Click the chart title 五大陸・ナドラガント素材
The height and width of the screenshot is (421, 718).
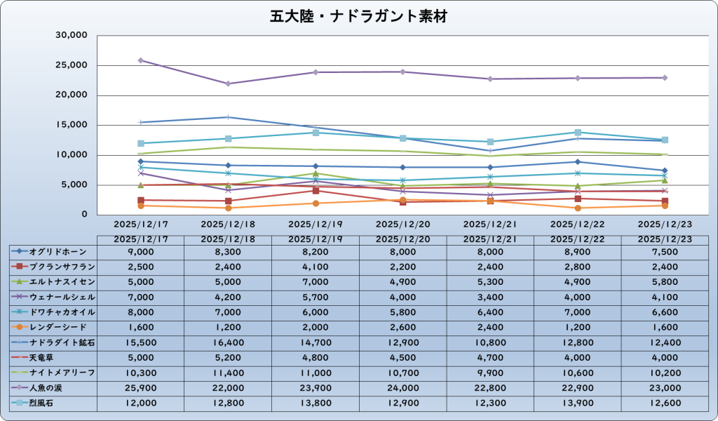point(358,16)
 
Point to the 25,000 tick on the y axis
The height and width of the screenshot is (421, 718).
point(72,65)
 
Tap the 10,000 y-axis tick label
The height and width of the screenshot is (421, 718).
point(72,155)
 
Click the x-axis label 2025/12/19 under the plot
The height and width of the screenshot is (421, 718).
point(316,225)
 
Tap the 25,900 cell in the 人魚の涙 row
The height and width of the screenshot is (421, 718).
point(141,387)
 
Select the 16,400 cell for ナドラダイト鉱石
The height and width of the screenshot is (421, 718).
point(229,342)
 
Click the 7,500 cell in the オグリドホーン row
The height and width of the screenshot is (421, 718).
point(665,251)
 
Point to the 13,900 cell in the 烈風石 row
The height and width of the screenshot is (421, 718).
point(577,403)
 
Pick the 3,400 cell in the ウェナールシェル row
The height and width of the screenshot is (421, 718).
point(490,297)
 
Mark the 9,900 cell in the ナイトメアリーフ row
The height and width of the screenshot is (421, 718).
point(490,373)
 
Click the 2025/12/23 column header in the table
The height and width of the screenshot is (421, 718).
point(665,239)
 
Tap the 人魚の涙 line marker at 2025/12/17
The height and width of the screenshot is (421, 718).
point(141,60)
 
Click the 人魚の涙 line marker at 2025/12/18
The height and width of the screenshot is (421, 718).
point(229,83)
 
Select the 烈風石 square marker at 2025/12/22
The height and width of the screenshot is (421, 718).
point(577,132)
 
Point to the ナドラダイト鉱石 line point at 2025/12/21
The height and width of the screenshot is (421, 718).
point(490,150)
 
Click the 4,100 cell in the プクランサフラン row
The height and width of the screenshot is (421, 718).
point(316,267)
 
